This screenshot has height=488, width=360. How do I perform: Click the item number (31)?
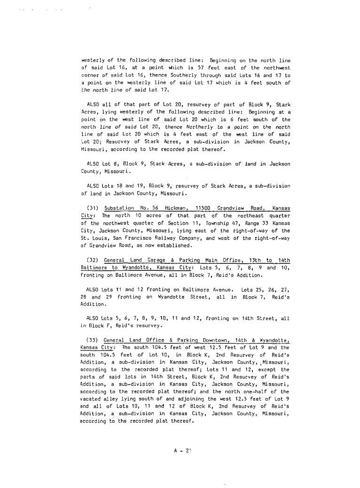(94, 208)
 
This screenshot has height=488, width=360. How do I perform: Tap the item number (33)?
(94, 339)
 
